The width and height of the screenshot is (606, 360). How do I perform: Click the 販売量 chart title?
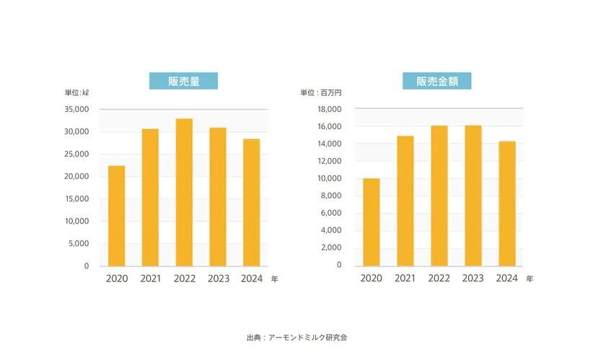click(183, 81)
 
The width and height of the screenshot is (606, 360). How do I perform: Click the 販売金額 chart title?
click(437, 81)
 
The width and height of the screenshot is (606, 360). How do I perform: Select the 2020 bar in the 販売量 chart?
click(116, 216)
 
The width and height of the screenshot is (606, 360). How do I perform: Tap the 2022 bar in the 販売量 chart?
click(184, 193)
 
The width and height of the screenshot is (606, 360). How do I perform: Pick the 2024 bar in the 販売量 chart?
click(251, 203)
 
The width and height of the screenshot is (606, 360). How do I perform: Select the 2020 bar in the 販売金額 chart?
click(371, 222)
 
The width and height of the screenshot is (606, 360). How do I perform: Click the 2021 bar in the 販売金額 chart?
click(405, 201)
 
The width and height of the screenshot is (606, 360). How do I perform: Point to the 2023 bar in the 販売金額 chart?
click(473, 196)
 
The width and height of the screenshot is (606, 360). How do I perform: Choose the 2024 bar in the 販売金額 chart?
click(506, 203)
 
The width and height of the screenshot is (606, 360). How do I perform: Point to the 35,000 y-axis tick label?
click(76, 110)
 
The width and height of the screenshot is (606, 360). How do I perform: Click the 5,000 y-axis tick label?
click(78, 244)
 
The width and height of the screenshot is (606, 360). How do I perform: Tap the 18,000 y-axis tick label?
click(328, 110)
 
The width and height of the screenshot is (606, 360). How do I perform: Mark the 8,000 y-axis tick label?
click(330, 196)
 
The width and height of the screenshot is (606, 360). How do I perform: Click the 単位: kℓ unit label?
click(77, 93)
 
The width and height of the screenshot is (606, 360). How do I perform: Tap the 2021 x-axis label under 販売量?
click(150, 278)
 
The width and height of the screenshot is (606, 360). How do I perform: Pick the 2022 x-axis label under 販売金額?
click(439, 278)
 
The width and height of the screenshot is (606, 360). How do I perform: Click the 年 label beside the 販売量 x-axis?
click(274, 279)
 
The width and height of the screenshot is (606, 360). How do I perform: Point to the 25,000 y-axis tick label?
click(76, 154)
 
